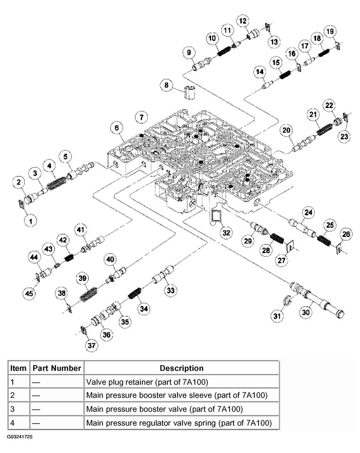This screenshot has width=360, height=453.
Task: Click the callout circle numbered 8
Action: tap(167, 85)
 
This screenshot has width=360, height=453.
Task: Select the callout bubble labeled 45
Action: tap(29, 293)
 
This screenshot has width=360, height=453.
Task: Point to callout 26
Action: tap(346, 234)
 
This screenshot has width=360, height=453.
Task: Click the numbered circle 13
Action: tap(275, 41)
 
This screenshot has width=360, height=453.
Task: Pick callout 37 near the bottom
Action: tap(91, 345)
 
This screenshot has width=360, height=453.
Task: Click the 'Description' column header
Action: tap(181, 368)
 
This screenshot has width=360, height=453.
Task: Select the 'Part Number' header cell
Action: tap(57, 368)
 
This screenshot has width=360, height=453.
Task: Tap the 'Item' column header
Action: tap(18, 368)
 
